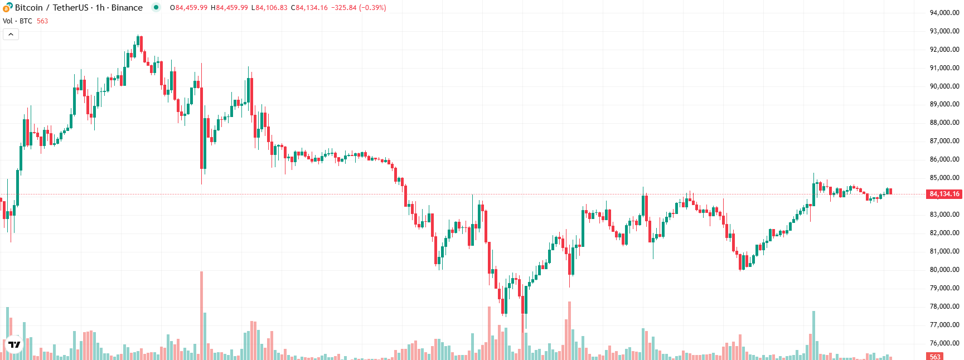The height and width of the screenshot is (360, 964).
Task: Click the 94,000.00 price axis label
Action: tap(944, 13)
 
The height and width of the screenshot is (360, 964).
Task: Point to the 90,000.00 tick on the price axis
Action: tap(944, 86)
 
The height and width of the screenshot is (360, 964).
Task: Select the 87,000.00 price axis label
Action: tap(944, 141)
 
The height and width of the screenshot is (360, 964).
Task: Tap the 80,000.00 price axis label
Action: tap(944, 270)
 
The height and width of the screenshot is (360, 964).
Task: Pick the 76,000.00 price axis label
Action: tap(944, 343)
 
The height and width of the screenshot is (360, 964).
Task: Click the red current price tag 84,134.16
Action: tap(944, 194)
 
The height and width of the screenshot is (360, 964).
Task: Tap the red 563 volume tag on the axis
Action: tap(935, 357)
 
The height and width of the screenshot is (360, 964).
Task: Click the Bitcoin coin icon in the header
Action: tap(7, 7)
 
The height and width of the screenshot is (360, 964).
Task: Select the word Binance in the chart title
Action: tap(127, 8)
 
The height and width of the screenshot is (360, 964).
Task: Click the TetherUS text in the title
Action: tap(70, 8)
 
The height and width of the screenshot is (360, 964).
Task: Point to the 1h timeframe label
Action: tap(100, 8)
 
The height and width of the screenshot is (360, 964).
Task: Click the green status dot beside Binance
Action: tap(156, 7)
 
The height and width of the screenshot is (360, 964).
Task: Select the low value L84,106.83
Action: tap(269, 8)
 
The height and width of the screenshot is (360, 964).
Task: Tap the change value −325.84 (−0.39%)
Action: tap(359, 8)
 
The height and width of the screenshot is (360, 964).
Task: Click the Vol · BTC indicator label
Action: tap(17, 21)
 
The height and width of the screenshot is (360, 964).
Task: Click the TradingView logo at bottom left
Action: tap(14, 344)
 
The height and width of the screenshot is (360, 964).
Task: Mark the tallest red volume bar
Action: tap(201, 315)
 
